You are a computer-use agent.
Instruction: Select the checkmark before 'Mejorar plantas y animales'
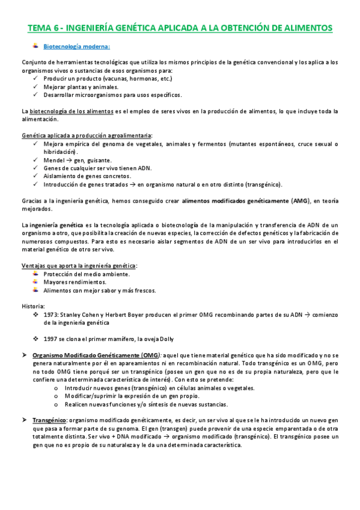[x=38, y=87]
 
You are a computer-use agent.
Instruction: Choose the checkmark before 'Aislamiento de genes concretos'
[x=38, y=176]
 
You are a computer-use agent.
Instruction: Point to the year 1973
[x=52, y=314]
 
